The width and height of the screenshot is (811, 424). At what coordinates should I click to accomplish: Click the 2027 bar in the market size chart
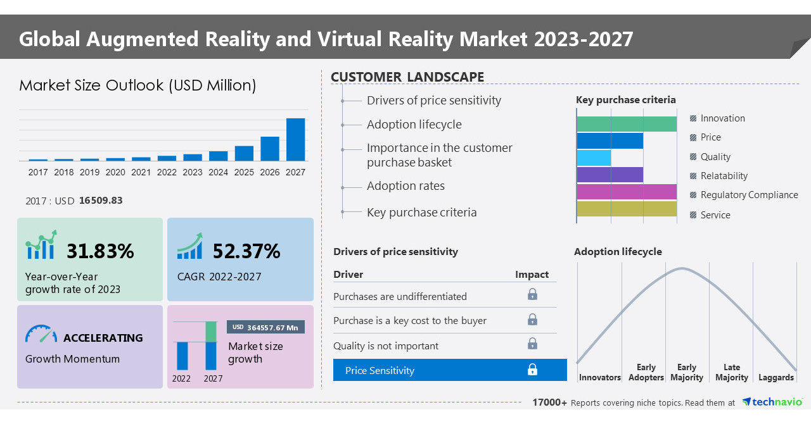pyautogui.click(x=295, y=140)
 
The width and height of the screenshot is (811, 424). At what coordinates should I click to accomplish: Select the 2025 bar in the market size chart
pyautogui.click(x=244, y=154)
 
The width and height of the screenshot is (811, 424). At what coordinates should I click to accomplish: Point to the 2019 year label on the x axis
pyautogui.click(x=89, y=172)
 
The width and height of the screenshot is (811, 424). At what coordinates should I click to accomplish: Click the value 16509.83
pyautogui.click(x=101, y=201)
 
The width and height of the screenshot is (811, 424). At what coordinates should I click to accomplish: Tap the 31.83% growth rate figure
pyautogui.click(x=100, y=251)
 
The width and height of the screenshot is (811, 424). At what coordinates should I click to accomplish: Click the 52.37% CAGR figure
pyautogui.click(x=246, y=251)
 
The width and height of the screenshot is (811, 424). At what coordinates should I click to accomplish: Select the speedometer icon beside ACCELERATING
pyautogui.click(x=41, y=335)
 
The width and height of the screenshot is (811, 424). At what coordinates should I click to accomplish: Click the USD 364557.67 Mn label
pyautogui.click(x=265, y=327)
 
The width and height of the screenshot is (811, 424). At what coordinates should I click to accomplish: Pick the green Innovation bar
pyautogui.click(x=627, y=124)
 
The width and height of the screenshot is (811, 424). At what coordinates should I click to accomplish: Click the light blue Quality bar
pyautogui.click(x=594, y=158)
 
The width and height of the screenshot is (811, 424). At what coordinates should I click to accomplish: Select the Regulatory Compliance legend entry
pyautogui.click(x=749, y=195)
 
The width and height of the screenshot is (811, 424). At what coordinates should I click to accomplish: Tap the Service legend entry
pyautogui.click(x=715, y=215)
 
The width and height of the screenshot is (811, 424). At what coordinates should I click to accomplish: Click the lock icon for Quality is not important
pyautogui.click(x=532, y=344)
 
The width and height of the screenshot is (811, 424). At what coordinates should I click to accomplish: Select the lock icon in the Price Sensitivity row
pyautogui.click(x=532, y=370)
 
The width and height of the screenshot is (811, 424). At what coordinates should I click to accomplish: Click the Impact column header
pyautogui.click(x=532, y=274)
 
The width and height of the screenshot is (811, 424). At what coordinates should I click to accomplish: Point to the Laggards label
pyautogui.click(x=776, y=378)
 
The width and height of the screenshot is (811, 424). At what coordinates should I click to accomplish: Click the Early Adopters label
pyautogui.click(x=646, y=373)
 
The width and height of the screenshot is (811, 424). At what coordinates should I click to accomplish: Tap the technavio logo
pyautogui.click(x=772, y=402)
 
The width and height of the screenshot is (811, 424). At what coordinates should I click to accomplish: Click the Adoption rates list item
pyautogui.click(x=405, y=186)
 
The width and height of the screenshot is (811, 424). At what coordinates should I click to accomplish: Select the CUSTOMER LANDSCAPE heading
pyautogui.click(x=407, y=77)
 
